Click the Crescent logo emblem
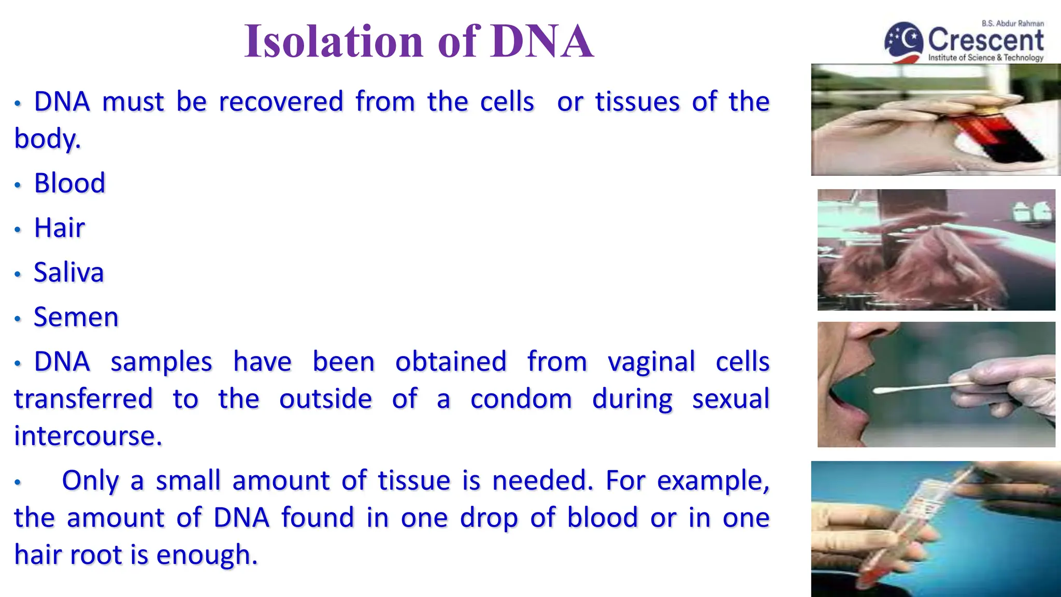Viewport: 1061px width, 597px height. click(x=904, y=41)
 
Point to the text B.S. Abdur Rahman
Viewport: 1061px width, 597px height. click(x=1012, y=23)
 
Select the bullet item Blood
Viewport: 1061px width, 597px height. click(x=69, y=183)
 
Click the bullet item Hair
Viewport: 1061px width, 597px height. click(x=59, y=228)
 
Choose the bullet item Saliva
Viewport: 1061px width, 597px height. click(x=68, y=273)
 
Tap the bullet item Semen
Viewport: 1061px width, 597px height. click(x=76, y=317)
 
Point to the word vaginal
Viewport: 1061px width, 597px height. click(x=651, y=362)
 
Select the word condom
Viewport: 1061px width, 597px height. click(x=521, y=399)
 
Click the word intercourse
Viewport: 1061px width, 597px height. click(x=88, y=436)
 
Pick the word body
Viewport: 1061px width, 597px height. click(x=47, y=139)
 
